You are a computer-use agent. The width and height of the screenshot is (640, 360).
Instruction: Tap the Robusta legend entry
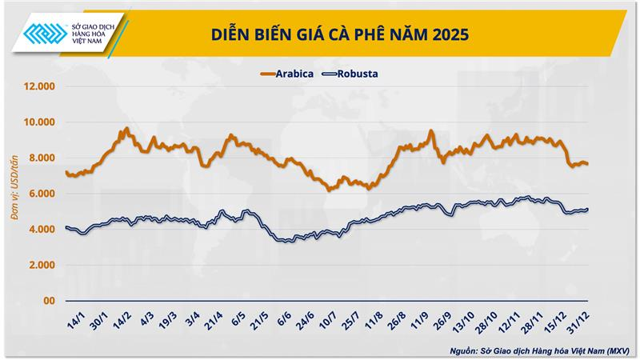click(x=350, y=74)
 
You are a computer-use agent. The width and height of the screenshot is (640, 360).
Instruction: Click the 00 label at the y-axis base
click(x=47, y=301)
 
